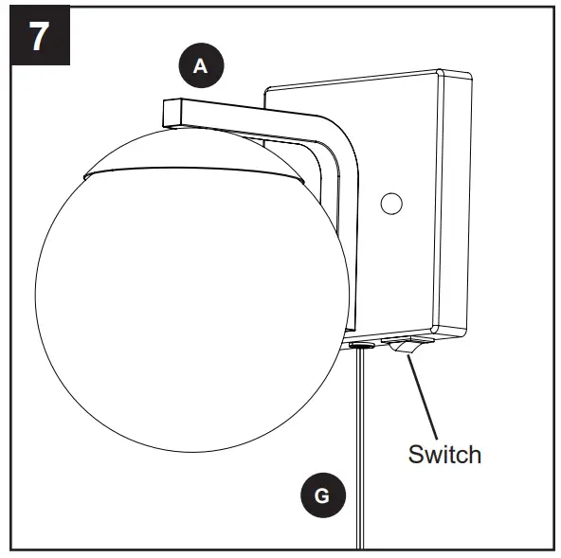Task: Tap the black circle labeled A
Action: click(x=200, y=66)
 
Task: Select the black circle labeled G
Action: click(x=323, y=495)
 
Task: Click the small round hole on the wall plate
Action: click(x=389, y=202)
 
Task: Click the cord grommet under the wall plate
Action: click(x=360, y=346)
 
